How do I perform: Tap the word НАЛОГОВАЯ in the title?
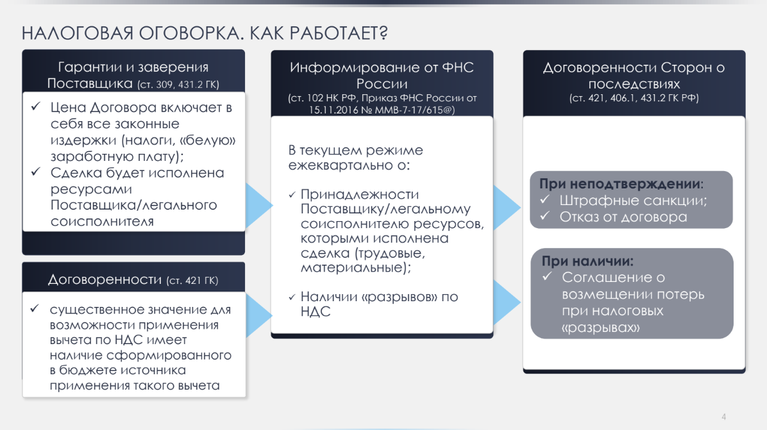pos(78,33)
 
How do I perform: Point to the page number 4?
pos(723,417)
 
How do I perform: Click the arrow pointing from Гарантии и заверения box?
pos(258,206)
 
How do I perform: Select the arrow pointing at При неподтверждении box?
pos(507,207)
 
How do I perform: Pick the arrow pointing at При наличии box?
pos(507,302)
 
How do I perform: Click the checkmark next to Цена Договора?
pos(36,106)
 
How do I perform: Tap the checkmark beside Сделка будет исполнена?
pos(36,172)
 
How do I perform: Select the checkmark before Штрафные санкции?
pos(545,199)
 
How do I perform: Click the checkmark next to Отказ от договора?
pos(545,215)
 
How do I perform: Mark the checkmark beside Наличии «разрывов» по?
pos(292,297)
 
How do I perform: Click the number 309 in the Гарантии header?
pos(165,85)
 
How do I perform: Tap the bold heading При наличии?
pos(587,261)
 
